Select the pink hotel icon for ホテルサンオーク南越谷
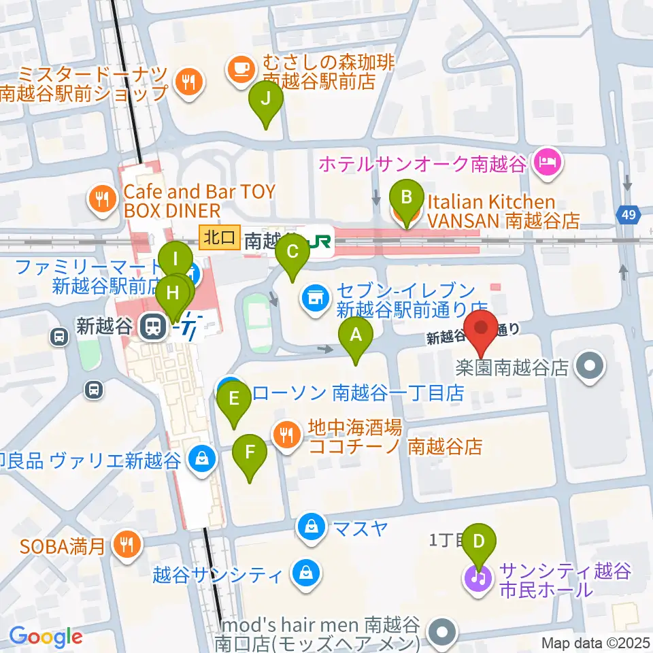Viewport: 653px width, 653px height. pos(547,163)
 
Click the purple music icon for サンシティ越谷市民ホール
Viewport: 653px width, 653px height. pos(480,579)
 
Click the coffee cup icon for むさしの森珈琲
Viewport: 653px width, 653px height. pos(240,67)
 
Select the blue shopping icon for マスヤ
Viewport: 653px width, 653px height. pos(311,526)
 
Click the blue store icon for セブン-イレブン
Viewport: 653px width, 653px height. pos(315,297)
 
